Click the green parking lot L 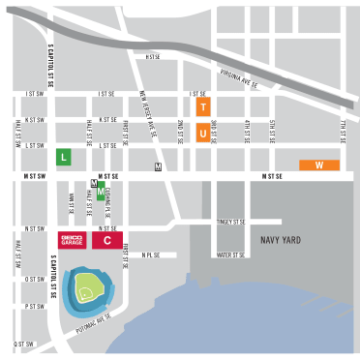[x=63, y=156]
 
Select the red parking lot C [x=107, y=240]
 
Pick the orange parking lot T [x=202, y=107]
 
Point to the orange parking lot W [x=319, y=165]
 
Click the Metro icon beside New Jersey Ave [x=158, y=166]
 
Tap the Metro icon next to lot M [x=93, y=182]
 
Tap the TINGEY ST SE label [x=231, y=222]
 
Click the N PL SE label [x=149, y=255]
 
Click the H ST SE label [x=152, y=57]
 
